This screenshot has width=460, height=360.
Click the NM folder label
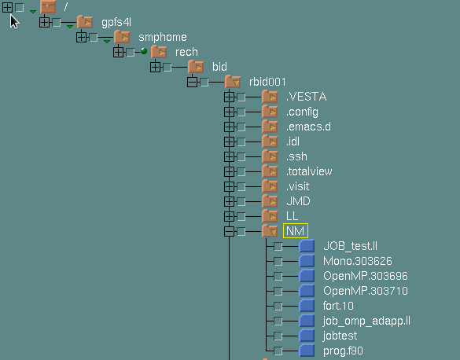pyautogui.click(x=296, y=231)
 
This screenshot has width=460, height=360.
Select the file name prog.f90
pyautogui.click(x=343, y=351)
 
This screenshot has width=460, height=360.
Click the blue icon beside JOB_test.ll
pyautogui.click(x=307, y=246)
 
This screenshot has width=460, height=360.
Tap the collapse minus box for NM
pyautogui.click(x=229, y=231)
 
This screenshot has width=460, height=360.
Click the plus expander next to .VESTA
pyautogui.click(x=229, y=97)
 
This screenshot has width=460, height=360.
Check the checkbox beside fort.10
pyautogui.click(x=278, y=306)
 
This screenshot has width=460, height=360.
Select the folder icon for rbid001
pyautogui.click(x=233, y=82)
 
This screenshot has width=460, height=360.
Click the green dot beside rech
pyautogui.click(x=144, y=51)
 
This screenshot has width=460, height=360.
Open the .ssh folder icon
pyautogui.click(x=270, y=156)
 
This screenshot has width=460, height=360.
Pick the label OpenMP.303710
pyautogui.click(x=365, y=291)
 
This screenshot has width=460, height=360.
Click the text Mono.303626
pyautogui.click(x=357, y=261)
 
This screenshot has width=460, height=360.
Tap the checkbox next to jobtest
pyautogui.click(x=278, y=336)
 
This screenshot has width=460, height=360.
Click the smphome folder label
pyautogui.click(x=163, y=37)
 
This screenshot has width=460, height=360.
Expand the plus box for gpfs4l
pyautogui.click(x=44, y=22)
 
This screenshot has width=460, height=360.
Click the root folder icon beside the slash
pyautogui.click(x=48, y=7)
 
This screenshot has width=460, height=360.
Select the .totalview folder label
pyautogui.click(x=309, y=171)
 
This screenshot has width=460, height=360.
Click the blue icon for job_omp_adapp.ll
pyautogui.click(x=307, y=321)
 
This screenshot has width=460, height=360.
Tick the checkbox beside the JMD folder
pyautogui.click(x=241, y=201)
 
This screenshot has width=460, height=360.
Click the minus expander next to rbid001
pyautogui.click(x=192, y=82)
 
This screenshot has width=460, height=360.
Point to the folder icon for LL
pyautogui.click(x=270, y=216)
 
